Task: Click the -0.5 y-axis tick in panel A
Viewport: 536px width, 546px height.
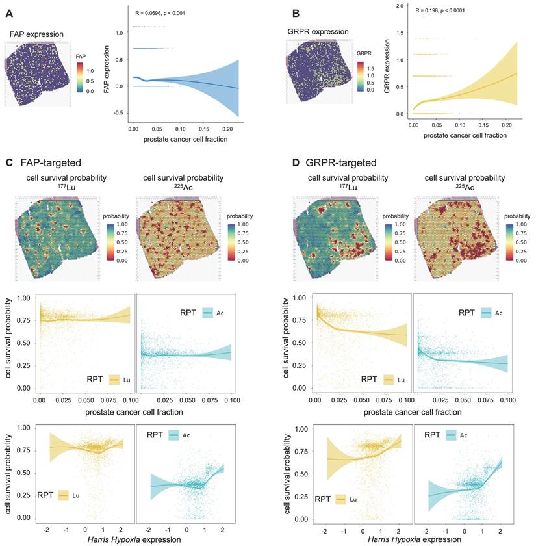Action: (118, 113)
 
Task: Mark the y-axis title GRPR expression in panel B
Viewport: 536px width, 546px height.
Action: (387, 69)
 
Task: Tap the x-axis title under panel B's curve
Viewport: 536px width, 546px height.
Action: (456, 135)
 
